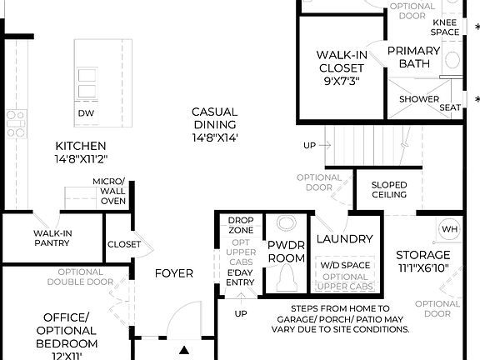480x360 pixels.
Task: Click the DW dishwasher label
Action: pos(85,113)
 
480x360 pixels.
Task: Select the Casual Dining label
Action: pos(215,124)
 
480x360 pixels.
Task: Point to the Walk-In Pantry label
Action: pos(52,237)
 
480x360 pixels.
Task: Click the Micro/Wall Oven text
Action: pos(108,191)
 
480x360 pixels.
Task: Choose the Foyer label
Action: pos(174,273)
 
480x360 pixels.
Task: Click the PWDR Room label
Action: pos(285,252)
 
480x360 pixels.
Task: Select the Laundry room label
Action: pos(345,239)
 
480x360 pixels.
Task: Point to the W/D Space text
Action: pos(345,266)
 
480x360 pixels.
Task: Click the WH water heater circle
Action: pos(449,229)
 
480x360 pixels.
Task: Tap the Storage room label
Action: pos(422,261)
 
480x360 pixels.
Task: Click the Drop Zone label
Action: pos(241,225)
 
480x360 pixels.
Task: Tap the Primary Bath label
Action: pos(414,57)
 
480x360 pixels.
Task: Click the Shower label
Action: pos(419,100)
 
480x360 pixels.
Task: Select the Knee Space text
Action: pos(444,27)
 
